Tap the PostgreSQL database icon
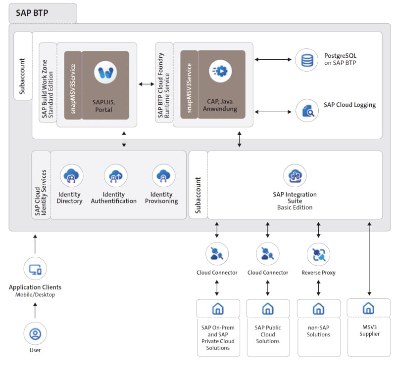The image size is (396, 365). coord(307,60)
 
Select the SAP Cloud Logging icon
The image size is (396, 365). coord(307,111)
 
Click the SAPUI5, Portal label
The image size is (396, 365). coord(105,106)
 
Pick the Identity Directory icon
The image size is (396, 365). coord(71,175)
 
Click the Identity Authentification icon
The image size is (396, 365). coord(115,175)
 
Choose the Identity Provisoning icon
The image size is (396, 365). coord(163,175)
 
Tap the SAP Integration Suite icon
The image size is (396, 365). coord(295,176)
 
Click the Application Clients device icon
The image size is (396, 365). coord(35,270)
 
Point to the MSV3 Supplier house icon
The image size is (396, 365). coord(368,309)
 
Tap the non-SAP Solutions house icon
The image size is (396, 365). coord(318,309)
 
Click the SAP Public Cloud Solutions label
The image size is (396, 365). coord(268,334)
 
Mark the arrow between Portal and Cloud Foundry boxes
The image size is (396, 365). coord(146,84)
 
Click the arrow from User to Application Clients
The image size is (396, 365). coord(35,311)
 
